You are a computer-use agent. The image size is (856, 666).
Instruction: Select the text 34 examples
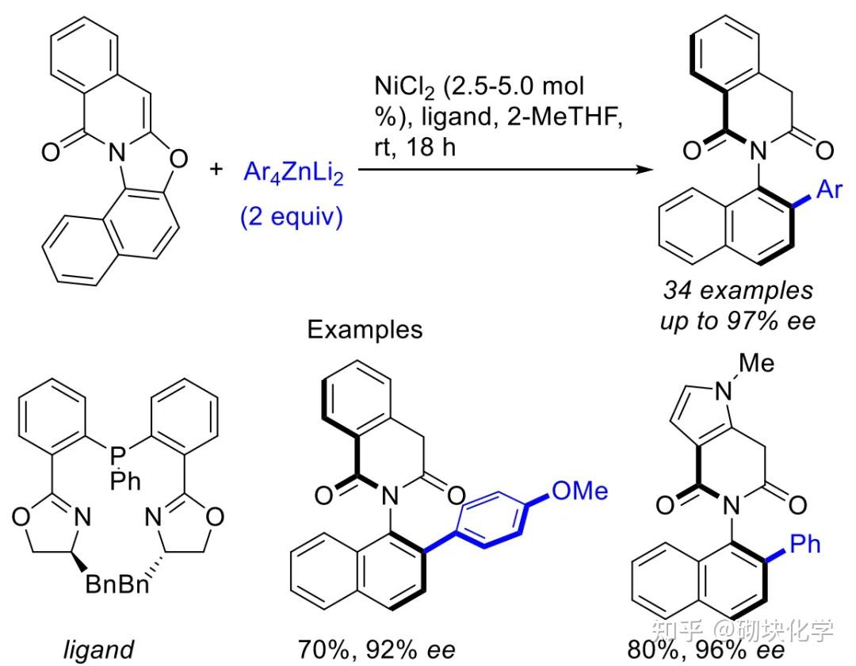[739, 290]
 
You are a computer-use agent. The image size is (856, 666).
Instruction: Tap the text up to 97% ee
[739, 323]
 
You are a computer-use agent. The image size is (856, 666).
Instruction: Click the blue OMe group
[579, 492]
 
